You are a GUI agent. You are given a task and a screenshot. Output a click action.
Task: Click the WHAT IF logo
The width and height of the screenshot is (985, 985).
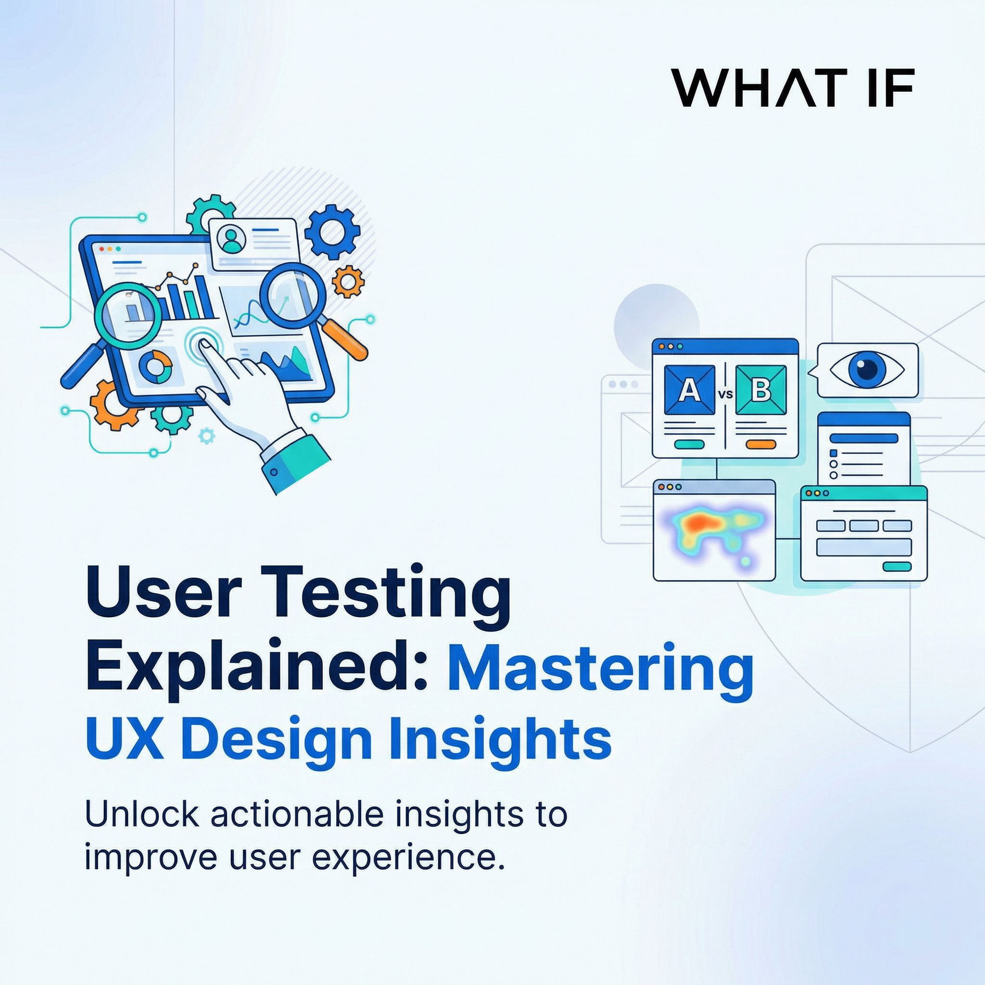(x=792, y=88)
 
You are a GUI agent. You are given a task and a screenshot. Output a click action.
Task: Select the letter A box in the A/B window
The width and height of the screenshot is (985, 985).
(x=690, y=390)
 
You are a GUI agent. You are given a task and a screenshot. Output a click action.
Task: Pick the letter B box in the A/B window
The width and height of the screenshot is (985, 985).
(x=761, y=390)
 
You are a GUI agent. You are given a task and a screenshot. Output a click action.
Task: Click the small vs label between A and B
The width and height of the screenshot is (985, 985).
(x=725, y=393)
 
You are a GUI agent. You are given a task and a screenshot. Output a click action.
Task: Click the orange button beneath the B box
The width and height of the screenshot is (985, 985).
(x=761, y=444)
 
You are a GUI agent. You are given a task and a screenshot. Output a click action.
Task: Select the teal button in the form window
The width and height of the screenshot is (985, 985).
(x=897, y=567)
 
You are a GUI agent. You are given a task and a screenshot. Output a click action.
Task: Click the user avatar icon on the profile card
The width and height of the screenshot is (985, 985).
(x=231, y=238)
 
